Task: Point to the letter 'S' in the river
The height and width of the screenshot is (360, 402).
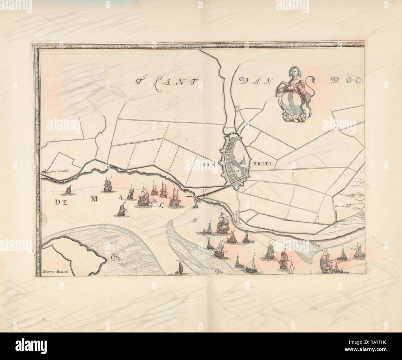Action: [195, 220]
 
